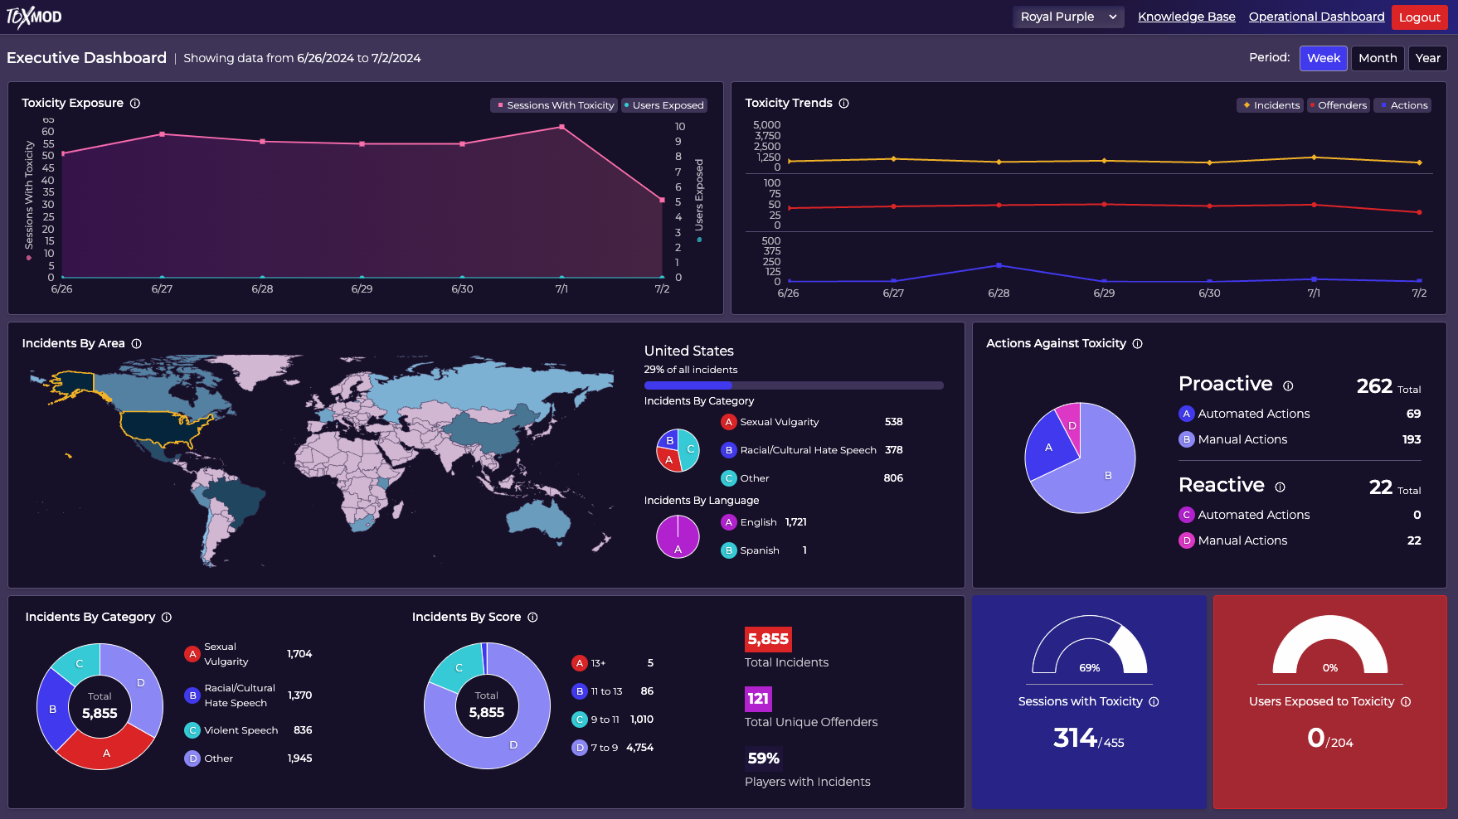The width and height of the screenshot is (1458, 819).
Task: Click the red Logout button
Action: pos(1419,17)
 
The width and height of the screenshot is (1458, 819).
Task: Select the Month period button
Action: pos(1377,58)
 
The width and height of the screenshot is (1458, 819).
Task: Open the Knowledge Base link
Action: pos(1186,17)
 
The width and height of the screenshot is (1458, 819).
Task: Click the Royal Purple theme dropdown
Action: pos(1067,17)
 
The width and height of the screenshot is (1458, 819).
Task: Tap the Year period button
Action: pos(1427,58)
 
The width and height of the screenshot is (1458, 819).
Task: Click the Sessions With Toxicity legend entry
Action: pos(555,105)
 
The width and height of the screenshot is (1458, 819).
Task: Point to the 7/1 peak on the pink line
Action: pos(562,127)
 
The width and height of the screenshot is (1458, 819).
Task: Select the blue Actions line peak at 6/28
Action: pos(999,265)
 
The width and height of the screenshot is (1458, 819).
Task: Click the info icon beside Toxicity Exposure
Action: pos(135,104)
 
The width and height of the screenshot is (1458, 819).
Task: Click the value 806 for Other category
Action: pos(893,478)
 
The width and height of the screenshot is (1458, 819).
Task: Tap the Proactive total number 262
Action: pos(1374,386)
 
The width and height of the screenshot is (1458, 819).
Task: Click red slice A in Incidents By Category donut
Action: pos(106,751)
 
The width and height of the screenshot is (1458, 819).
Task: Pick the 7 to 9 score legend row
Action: pos(612,748)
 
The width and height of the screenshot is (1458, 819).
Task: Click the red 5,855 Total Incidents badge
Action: pos(768,639)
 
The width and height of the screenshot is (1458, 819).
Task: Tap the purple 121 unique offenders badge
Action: pos(758,699)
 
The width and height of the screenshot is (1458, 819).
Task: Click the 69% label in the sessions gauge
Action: pos(1089,668)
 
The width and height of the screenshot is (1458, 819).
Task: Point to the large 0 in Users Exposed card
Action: pos(1315,737)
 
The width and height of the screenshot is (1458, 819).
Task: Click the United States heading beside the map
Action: pos(688,351)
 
